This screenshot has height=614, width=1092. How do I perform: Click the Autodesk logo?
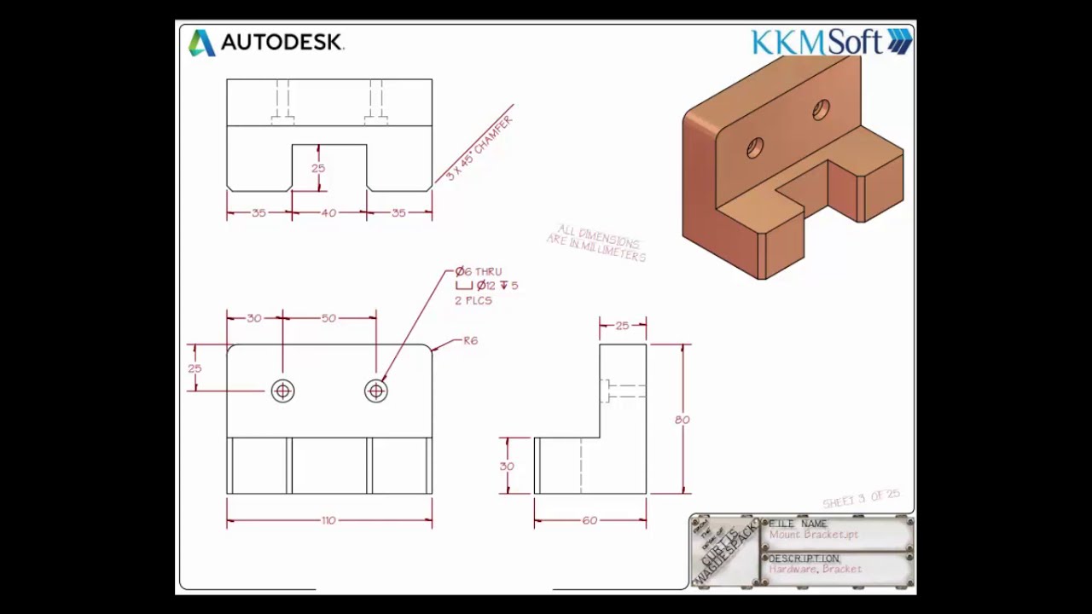265,43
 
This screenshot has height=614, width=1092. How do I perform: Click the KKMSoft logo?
830,42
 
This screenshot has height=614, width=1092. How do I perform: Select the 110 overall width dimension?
328,520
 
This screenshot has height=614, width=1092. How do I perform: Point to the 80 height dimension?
682,420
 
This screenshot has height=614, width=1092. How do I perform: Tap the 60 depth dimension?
590,520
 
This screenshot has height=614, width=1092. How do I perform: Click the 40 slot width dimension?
328,213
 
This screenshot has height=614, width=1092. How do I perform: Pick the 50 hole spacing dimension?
328,318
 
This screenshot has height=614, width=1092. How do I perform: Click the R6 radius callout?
470,340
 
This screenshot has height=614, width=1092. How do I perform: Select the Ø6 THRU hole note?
479,271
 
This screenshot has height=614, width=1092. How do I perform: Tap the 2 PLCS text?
473,300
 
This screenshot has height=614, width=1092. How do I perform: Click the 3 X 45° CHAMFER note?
479,147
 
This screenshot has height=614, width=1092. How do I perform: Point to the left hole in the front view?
282,391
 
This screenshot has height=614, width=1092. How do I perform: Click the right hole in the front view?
376,391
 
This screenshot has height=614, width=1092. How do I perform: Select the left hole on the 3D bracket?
754,148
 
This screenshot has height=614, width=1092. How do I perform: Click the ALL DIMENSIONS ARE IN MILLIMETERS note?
597,243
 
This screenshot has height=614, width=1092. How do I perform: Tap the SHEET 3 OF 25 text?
861,498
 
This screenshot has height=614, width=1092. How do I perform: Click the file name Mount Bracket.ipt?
813,535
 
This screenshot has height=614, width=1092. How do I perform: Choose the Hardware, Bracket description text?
815,569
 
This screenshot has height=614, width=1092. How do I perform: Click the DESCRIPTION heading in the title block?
804,559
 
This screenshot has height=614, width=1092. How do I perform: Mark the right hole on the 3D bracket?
821,109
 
